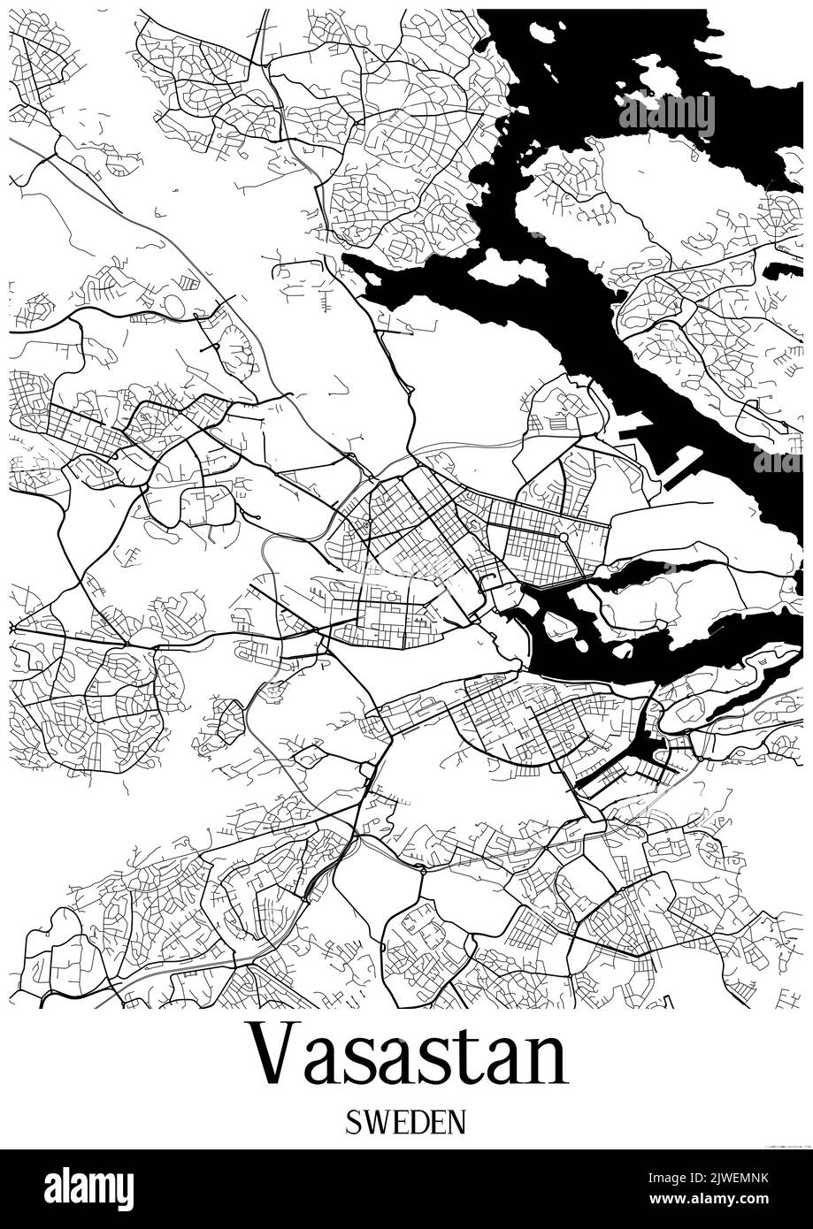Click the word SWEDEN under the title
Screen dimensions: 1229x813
pos(406,1122)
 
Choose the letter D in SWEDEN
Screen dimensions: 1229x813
pos(421,1122)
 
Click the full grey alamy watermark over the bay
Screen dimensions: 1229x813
pos(666,114)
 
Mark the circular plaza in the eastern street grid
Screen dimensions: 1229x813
pos(563,537)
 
